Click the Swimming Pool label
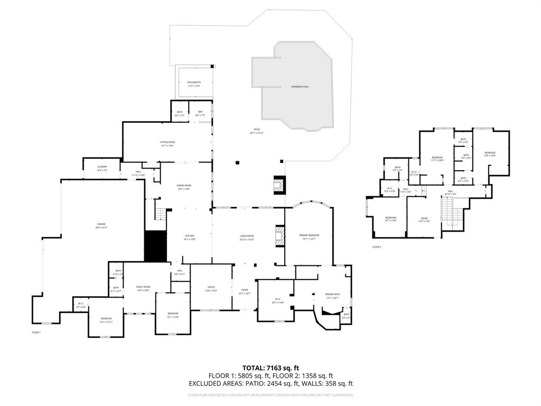point(300,86)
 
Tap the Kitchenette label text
point(194,83)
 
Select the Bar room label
point(200,112)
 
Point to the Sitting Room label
point(167,143)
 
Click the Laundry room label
point(101,168)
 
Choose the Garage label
point(100,225)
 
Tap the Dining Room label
point(184,186)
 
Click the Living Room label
point(247,237)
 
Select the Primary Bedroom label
point(310,235)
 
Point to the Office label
point(211,288)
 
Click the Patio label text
point(256,130)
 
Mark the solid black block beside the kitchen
point(155,246)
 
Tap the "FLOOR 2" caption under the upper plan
point(376,247)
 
